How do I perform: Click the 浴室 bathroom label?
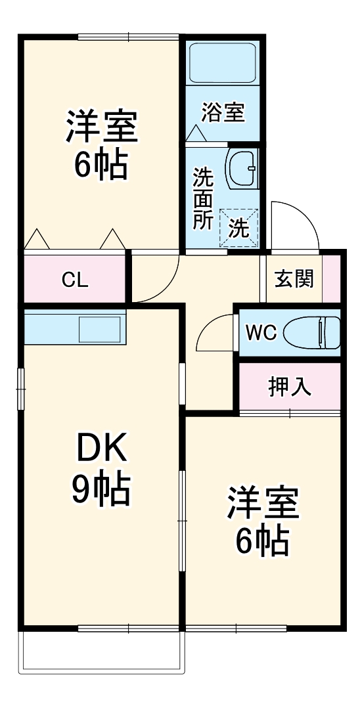[223, 112]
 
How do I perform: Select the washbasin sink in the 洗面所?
[241, 167]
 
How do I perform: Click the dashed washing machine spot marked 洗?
[238, 227]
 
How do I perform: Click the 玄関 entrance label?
[294, 278]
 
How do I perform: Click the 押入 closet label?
[289, 387]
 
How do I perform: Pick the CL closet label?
[75, 280]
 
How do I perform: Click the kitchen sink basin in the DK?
[100, 328]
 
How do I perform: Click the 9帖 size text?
[101, 489]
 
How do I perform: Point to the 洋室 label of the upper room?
[101, 127]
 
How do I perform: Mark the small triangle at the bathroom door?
[196, 133]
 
